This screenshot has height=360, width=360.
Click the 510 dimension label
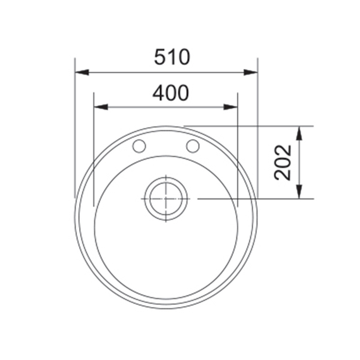172,57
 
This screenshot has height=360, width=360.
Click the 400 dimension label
171,93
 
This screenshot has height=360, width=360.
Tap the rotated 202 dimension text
283,162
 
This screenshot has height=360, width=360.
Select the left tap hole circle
139,146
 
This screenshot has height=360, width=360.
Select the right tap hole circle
193,146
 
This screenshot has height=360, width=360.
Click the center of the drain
166,199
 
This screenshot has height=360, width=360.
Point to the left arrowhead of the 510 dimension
82,72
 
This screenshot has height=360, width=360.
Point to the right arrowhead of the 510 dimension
250,72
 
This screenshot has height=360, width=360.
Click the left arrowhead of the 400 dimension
101,107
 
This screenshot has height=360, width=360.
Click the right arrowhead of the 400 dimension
231,107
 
